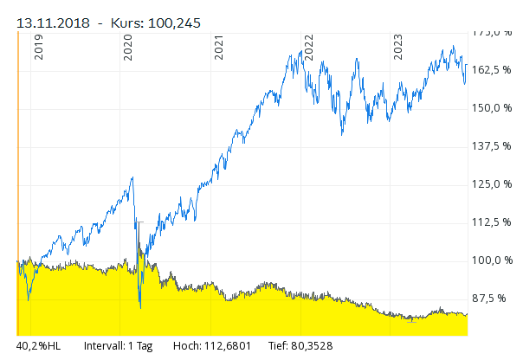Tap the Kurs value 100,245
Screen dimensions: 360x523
(172, 23)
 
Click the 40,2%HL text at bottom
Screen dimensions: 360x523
(39, 346)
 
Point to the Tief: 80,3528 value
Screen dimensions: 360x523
(300, 346)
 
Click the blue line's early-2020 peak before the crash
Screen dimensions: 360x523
(132, 178)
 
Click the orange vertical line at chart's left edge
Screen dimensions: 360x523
(17, 173)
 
